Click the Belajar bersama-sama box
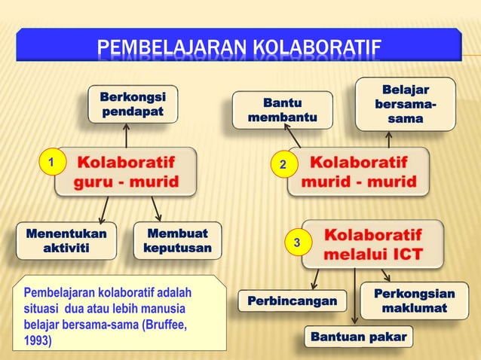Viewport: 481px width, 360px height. point(406,104)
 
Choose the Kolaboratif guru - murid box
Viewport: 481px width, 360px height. point(126,172)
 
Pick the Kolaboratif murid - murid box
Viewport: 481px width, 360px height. point(359,172)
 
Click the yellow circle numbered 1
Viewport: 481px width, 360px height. point(50,162)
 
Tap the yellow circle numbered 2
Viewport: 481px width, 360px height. point(283,164)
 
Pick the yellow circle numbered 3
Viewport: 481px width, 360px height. point(297,243)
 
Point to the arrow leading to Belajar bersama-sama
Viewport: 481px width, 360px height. point(389,140)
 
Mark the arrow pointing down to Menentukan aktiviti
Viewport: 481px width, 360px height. point(105,209)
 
